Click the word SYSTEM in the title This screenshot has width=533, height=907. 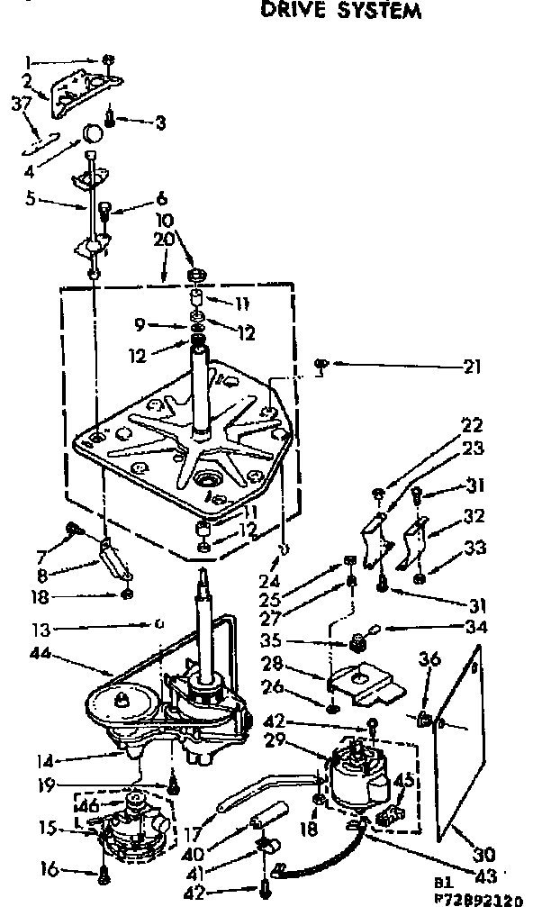(377, 12)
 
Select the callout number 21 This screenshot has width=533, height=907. (472, 367)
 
